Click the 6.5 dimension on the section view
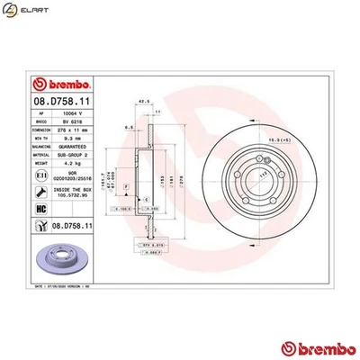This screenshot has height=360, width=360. [x=130, y=129]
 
